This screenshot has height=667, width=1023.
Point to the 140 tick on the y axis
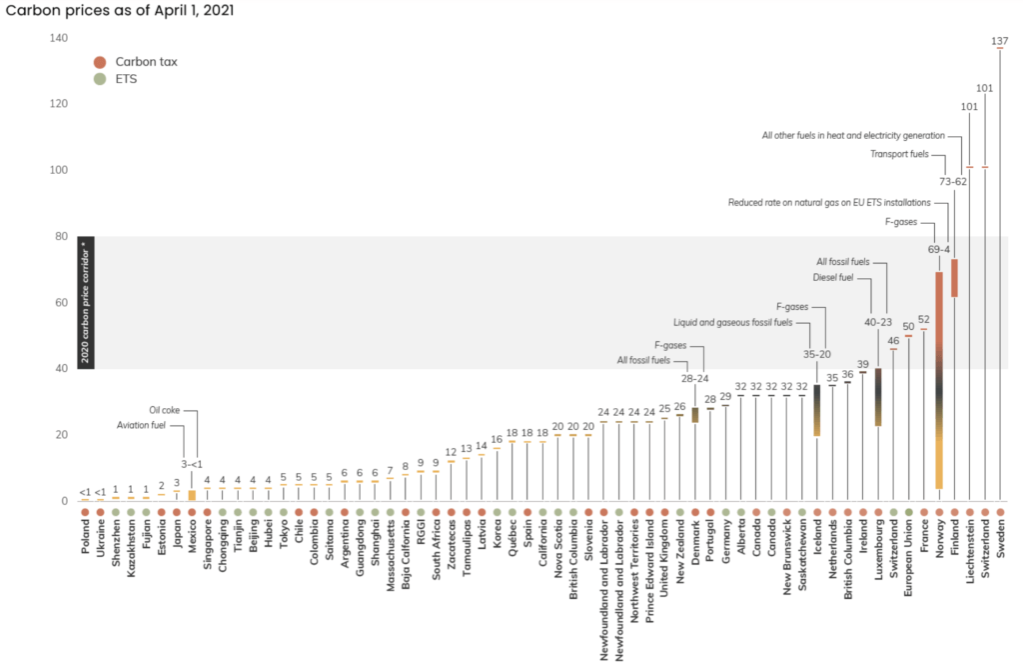click(59, 38)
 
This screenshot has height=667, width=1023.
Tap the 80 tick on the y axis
click(61, 236)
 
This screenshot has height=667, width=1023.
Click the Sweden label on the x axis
click(1001, 540)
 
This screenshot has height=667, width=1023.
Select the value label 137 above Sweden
click(1000, 41)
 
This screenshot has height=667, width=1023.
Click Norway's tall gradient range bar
click(939, 380)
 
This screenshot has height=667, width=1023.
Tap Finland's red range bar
click(954, 278)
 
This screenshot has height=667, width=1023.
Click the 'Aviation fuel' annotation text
click(145, 424)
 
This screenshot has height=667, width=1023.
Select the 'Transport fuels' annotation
click(899, 154)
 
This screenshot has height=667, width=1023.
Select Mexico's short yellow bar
click(192, 495)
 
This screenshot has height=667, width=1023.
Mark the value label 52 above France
click(924, 320)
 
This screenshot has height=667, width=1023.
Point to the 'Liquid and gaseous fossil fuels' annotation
click(732, 323)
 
